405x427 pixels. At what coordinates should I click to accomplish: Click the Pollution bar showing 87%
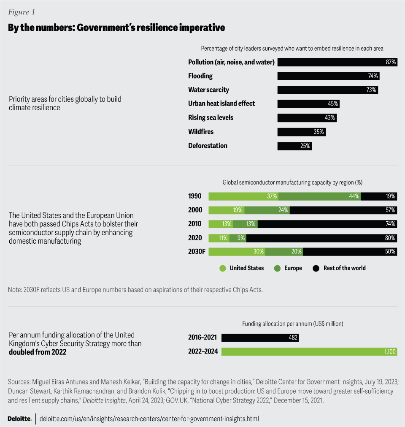pos(337,62)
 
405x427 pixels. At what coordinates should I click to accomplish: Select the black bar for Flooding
pos(328,76)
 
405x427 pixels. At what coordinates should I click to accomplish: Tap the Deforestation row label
pos(208,146)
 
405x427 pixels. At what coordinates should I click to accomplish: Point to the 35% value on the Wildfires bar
pos(319,132)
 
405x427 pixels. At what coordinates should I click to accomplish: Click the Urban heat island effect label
pos(221,103)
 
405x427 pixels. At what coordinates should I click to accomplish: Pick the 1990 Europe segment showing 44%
pos(319,196)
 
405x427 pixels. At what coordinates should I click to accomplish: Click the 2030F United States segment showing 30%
pos(237,252)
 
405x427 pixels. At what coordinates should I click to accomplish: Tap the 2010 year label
pos(195,224)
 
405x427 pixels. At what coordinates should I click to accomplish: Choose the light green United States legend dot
pos(222,268)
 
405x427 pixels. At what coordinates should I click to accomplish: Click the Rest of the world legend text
pos(344,268)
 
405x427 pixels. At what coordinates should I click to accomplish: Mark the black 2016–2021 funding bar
pos(260,337)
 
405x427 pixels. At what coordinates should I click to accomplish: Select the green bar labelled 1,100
pos(309,351)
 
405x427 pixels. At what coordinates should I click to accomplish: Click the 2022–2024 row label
pos(203,351)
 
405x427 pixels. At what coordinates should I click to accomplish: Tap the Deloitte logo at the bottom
pos(19,419)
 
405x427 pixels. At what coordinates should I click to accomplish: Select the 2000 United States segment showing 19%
pos(226,210)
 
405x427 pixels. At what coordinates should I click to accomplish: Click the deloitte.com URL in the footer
pos(148,419)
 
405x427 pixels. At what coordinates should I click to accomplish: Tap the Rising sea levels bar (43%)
pos(307,118)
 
